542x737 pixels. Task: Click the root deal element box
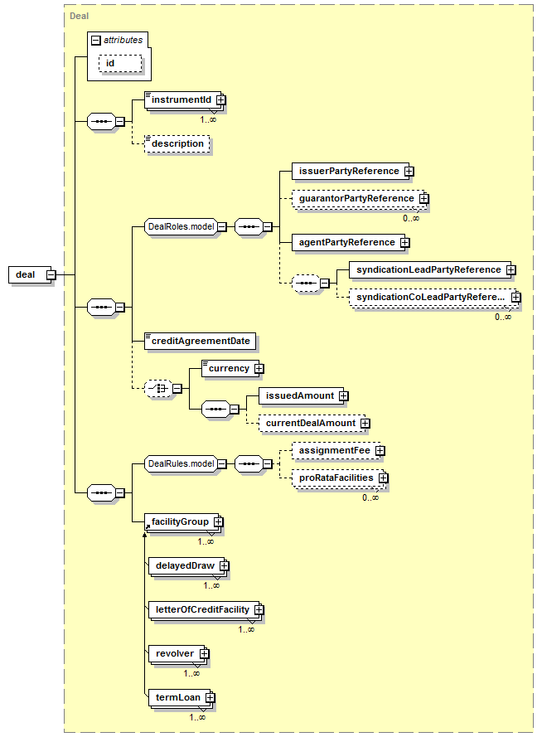click(30, 274)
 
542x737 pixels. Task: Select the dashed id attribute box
click(120, 64)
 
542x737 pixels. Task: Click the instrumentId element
click(183, 100)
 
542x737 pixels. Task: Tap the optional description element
click(177, 143)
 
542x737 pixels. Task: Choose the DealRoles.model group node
click(181, 226)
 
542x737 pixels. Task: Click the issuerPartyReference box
click(351, 171)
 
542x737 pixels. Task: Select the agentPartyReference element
click(349, 243)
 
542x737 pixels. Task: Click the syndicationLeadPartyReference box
click(430, 269)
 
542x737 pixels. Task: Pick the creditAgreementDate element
click(200, 342)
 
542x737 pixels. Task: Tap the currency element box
click(230, 368)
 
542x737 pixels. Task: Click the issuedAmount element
click(301, 395)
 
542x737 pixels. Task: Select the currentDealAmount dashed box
click(312, 423)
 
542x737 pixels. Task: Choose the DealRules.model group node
click(181, 464)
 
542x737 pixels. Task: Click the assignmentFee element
click(336, 451)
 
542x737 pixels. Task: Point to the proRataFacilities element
click(337, 478)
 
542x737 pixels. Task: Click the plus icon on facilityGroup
click(219, 522)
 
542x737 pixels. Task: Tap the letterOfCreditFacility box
click(204, 609)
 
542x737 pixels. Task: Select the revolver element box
click(177, 654)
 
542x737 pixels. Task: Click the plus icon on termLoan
click(210, 697)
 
